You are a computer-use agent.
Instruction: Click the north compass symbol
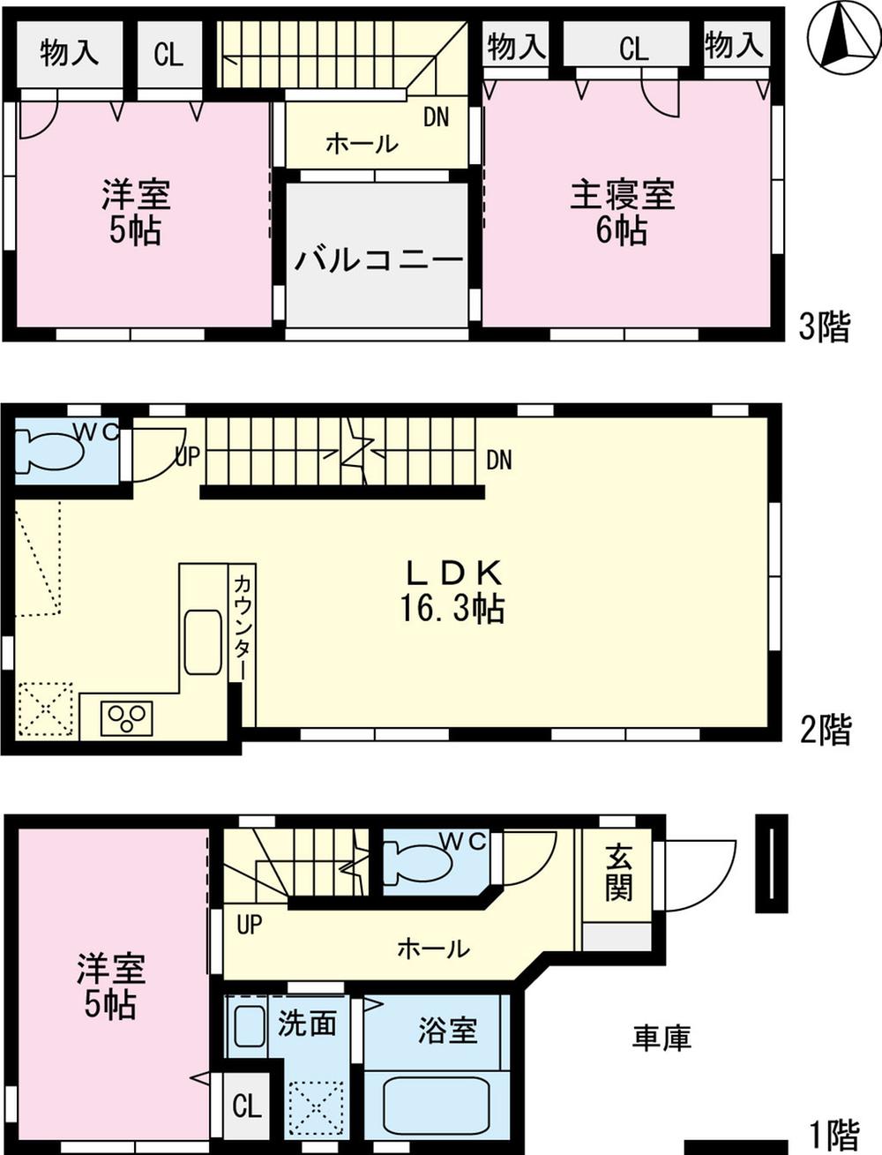pyautogui.click(x=843, y=36)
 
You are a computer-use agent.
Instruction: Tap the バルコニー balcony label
pyautogui.click(x=378, y=259)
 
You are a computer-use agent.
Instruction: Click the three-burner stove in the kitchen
pyautogui.click(x=126, y=717)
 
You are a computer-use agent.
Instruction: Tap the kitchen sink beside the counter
pyautogui.click(x=203, y=641)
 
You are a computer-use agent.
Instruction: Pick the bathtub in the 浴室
pyautogui.click(x=437, y=1107)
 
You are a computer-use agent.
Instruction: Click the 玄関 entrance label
pyautogui.click(x=619, y=872)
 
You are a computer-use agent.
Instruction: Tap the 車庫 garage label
pyautogui.click(x=661, y=1038)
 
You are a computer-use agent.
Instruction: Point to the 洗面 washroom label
pyautogui.click(x=307, y=1024)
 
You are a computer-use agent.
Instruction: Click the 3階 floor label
pyautogui.click(x=825, y=326)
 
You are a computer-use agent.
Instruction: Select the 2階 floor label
pyautogui.click(x=826, y=730)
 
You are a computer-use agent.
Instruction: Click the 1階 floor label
pyautogui.click(x=833, y=1133)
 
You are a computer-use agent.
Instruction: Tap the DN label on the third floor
pyautogui.click(x=436, y=116)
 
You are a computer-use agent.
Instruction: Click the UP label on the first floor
pyautogui.click(x=250, y=924)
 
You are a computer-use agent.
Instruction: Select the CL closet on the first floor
pyautogui.click(x=246, y=1105)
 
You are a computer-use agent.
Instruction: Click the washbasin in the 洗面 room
pyautogui.click(x=250, y=1026)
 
